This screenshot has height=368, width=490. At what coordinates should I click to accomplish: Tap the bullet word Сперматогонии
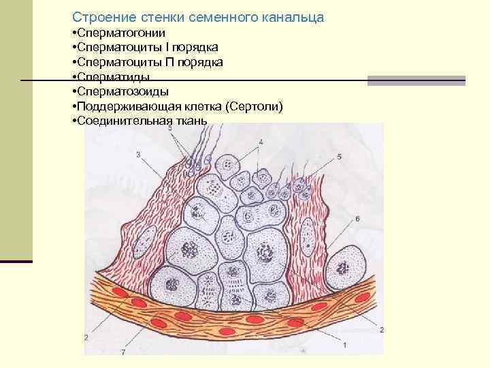point(122,33)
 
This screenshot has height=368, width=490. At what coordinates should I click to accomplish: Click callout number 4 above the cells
point(260,142)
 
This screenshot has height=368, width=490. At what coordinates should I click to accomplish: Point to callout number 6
point(357,218)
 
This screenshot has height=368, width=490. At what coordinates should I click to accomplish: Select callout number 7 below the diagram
point(123,352)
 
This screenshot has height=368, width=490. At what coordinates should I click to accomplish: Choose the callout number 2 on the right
point(382,330)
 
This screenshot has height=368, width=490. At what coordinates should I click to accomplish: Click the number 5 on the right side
point(339,157)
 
